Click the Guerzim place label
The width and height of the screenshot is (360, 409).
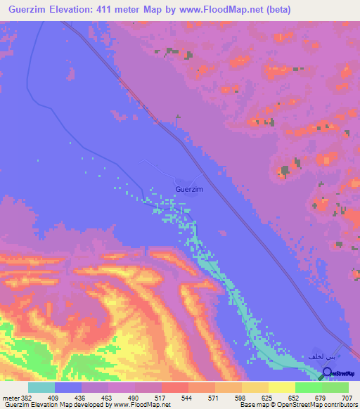(189, 189)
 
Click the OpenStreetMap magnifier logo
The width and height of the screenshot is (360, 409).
(327, 372)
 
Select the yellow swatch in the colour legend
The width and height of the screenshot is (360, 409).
(282, 387)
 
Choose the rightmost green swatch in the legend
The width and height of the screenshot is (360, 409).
(335, 387)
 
